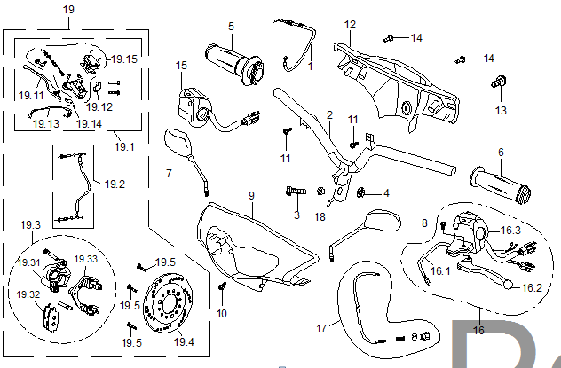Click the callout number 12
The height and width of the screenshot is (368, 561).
350,24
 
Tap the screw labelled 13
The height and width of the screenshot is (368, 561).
501,83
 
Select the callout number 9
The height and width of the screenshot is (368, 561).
251,195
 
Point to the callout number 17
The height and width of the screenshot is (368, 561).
322,327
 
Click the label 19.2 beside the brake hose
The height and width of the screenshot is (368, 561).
115,184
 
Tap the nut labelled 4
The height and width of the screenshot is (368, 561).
362,192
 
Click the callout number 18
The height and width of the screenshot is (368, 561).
320,216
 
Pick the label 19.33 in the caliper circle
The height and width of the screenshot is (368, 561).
85,259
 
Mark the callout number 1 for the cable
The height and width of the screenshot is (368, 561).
311,66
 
